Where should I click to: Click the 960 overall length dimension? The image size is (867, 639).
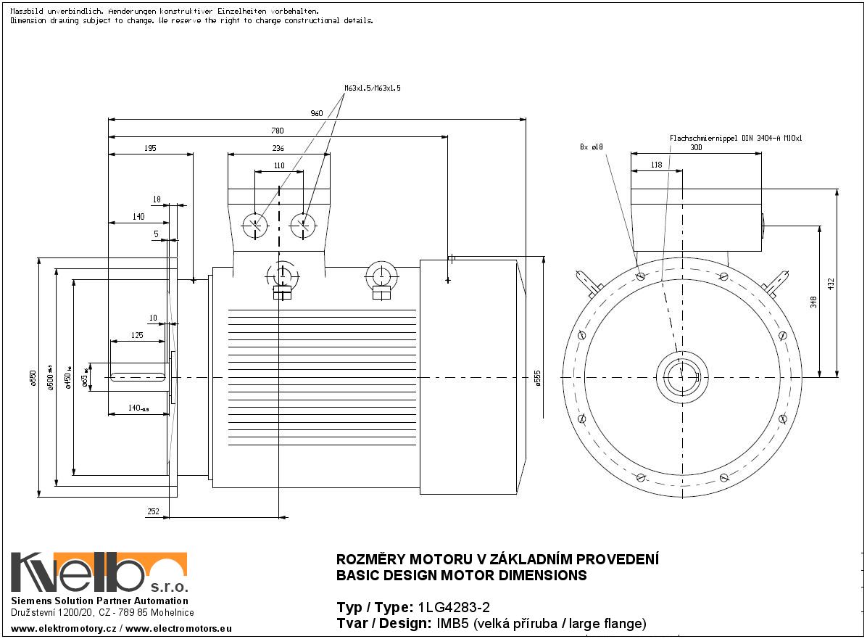point(316,113)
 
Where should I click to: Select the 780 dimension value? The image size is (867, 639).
point(277,131)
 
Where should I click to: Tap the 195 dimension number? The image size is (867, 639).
point(150,148)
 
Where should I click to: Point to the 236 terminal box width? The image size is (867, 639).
point(278,148)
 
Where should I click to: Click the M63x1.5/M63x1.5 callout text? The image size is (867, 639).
point(372,88)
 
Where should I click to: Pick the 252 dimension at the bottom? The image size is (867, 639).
point(154,511)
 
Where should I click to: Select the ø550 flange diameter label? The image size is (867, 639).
point(33,378)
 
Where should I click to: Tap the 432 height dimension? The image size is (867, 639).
point(831,283)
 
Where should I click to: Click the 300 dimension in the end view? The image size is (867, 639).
point(695,147)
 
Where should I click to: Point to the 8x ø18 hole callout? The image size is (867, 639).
point(591,147)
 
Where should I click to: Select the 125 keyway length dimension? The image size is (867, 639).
point(136,335)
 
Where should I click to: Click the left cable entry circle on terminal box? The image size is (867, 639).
point(254,225)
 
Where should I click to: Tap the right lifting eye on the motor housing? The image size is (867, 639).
point(381,276)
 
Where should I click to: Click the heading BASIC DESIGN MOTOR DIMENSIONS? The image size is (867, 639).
point(462,576)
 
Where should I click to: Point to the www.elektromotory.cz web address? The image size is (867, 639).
point(64,628)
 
